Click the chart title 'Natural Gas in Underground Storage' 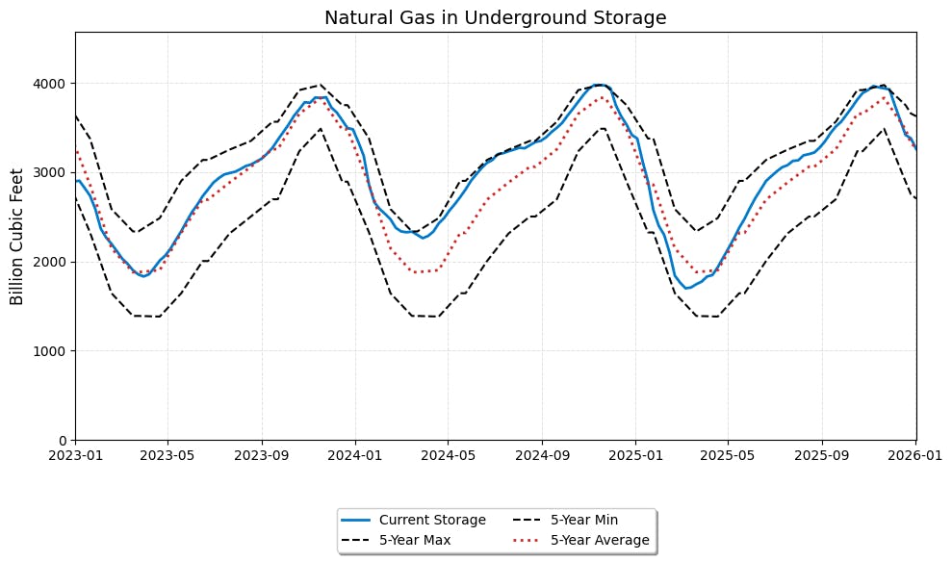point(496,18)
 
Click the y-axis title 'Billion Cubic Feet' point(16,236)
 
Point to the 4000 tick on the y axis point(51,84)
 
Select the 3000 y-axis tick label point(51,173)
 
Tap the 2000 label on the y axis point(51,262)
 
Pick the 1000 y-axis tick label point(51,351)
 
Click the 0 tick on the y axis point(63,441)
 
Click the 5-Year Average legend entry point(600,540)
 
